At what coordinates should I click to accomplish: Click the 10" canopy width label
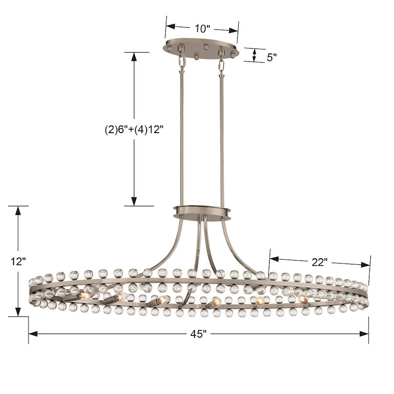[x=203, y=28]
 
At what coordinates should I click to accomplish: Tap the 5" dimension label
[x=271, y=57]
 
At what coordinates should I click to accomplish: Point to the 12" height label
[x=18, y=261]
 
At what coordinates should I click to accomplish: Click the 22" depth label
[x=320, y=262]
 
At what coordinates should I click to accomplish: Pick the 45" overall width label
[x=198, y=334]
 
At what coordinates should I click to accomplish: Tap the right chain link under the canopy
[x=221, y=64]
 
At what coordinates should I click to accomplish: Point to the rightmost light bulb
[x=303, y=300]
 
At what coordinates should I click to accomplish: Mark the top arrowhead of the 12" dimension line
[x=18, y=210]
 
